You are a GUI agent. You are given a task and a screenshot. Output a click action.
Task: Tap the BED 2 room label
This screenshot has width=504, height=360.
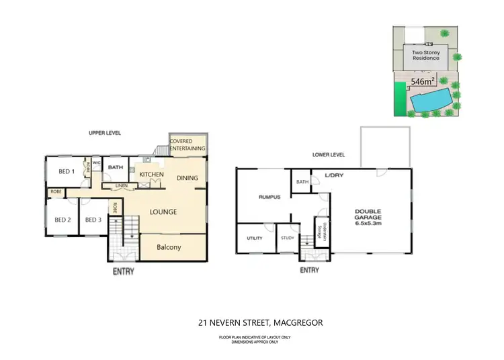tap(62, 220)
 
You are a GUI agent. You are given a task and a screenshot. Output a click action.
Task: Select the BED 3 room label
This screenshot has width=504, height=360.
tap(93, 220)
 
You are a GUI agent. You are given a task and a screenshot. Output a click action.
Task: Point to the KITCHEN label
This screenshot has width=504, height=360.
tap(151, 175)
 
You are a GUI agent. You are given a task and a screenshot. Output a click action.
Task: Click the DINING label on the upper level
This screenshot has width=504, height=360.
tap(187, 178)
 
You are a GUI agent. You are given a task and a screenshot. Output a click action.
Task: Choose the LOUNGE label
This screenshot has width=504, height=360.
tap(163, 212)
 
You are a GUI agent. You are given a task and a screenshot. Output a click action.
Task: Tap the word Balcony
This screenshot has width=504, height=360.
tap(169, 247)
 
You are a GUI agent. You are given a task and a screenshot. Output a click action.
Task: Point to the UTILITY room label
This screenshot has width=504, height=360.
tap(254, 238)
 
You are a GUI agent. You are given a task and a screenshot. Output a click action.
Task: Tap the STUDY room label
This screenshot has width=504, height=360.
tap(288, 238)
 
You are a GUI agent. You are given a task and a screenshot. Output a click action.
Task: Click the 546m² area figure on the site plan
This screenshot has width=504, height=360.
tap(423, 81)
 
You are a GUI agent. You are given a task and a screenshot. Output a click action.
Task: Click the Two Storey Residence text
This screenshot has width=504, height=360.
tap(425, 54)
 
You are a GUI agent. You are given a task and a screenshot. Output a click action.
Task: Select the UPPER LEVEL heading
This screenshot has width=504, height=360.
tap(104, 134)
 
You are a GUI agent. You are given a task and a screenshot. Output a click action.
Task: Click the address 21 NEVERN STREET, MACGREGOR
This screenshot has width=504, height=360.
tap(260, 323)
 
